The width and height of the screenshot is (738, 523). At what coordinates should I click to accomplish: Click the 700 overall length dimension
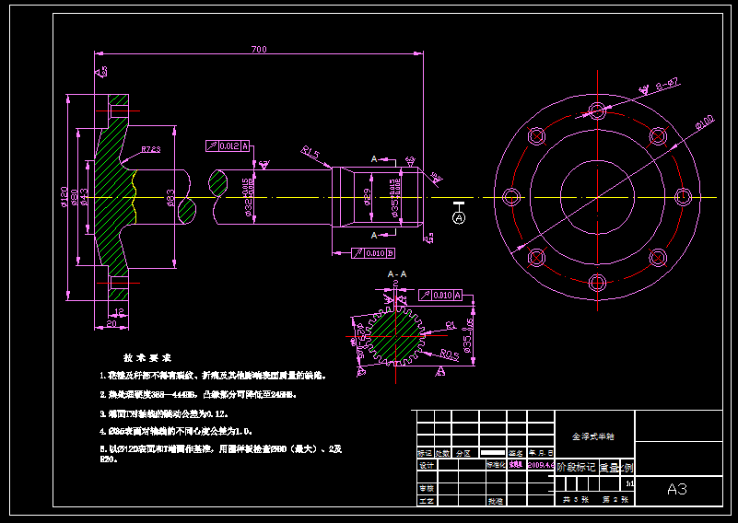258,49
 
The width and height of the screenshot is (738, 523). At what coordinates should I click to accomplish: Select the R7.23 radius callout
150,149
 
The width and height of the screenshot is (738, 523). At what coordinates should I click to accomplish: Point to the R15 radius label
310,154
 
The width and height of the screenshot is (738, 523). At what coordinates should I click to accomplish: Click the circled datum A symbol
460,217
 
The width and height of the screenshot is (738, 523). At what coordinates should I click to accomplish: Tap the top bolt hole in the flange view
597,111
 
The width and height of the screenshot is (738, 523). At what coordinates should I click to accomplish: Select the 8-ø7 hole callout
667,84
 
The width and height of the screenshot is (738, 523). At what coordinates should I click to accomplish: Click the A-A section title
397,274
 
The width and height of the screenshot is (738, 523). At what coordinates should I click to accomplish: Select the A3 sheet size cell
677,489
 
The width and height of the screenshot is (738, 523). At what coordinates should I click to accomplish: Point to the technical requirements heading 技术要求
147,357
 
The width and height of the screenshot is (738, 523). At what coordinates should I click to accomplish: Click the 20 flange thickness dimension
111,323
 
